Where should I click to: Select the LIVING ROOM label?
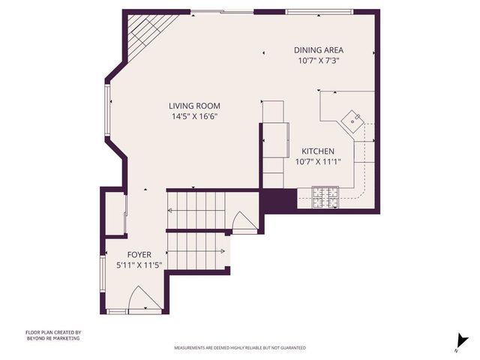[x=194, y=106]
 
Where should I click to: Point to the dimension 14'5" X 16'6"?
[x=194, y=117]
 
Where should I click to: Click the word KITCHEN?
[x=318, y=151]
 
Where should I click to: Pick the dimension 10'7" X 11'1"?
[x=318, y=161]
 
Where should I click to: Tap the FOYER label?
[x=139, y=255]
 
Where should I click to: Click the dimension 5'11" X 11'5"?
[x=139, y=265]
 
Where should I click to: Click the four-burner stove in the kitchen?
[x=327, y=198]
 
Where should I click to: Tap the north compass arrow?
[x=457, y=342]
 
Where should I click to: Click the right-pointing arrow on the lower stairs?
[x=223, y=250]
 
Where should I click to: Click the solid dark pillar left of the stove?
[x=278, y=201]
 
